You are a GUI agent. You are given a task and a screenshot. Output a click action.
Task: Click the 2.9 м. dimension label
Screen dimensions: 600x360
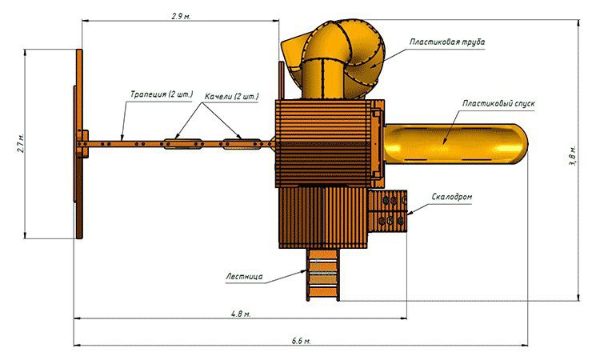coord(181,16)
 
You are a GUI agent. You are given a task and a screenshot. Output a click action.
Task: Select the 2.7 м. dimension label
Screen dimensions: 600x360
coord(21,143)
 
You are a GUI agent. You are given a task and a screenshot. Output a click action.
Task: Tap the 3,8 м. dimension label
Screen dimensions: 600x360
coord(573,156)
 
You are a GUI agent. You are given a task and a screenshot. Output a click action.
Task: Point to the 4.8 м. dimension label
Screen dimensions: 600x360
coord(241,314)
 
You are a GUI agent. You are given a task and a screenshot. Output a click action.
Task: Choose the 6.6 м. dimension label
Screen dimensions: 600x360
coord(301,341)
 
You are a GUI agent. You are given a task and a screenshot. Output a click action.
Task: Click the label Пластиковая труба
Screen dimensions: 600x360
coord(447,42)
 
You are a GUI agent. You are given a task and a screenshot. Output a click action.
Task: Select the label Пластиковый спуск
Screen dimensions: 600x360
coord(498,103)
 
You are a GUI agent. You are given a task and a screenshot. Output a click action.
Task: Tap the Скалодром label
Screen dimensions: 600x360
coord(452,197)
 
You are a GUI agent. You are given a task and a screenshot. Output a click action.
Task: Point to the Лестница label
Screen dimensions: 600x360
coord(244,276)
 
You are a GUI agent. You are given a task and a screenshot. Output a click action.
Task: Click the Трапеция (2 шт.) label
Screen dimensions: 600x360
coord(162,94)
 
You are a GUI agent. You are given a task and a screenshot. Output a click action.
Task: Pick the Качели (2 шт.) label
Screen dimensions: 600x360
coord(231,96)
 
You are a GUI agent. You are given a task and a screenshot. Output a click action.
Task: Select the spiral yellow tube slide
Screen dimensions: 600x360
coord(333,58)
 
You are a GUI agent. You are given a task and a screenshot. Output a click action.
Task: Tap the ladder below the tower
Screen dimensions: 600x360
coord(322,274)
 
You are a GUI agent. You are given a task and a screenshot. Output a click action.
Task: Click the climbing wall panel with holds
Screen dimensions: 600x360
coord(387,210)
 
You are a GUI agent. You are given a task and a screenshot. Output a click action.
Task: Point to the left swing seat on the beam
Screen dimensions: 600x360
coord(182,144)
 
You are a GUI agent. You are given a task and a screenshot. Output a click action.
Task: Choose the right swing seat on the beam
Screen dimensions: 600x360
coord(242,144)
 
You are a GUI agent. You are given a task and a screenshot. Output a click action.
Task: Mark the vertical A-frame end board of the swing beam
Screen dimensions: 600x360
coord(79,144)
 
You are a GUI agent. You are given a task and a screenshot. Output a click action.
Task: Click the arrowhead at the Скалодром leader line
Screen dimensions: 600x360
coord(410,213)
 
